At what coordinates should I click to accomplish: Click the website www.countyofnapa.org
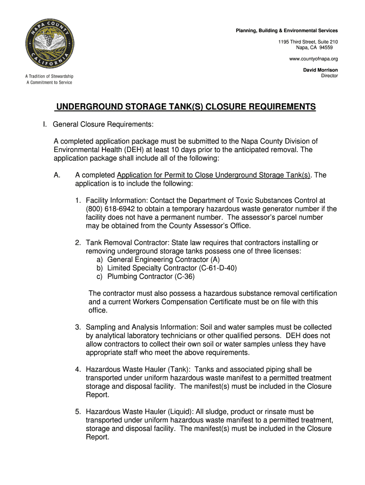click(x=313, y=59)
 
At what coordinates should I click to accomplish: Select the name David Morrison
click(x=320, y=70)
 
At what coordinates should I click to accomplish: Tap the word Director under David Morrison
click(x=329, y=76)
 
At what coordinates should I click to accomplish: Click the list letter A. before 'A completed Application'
click(x=57, y=175)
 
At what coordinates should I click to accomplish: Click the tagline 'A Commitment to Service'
click(x=49, y=82)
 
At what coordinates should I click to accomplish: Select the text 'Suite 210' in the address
click(x=327, y=42)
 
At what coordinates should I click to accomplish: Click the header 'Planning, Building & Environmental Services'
click(x=287, y=31)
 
